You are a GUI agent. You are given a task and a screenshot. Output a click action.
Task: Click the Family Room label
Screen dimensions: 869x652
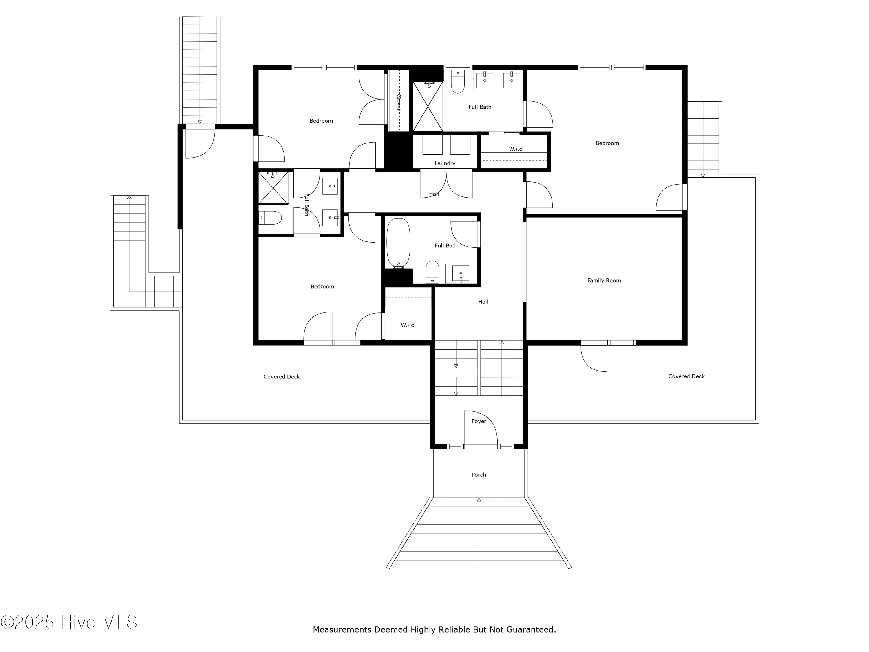pyautogui.click(x=604, y=280)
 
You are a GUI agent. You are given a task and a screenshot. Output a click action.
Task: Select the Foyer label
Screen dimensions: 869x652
pyautogui.click(x=479, y=421)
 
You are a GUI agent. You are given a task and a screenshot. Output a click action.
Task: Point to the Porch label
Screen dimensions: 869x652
pyautogui.click(x=479, y=475)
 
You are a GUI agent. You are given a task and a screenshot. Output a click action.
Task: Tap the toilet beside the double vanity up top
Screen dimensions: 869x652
pyautogui.click(x=458, y=81)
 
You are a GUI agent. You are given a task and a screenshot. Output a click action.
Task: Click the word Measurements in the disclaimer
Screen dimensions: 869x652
pyautogui.click(x=342, y=630)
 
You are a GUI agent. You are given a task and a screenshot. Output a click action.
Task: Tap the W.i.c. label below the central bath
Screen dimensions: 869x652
pyautogui.click(x=408, y=325)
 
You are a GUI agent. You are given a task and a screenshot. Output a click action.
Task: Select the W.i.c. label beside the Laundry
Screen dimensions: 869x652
pyautogui.click(x=516, y=149)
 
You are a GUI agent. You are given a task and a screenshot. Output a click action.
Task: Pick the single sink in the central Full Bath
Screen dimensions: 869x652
pyautogui.click(x=461, y=273)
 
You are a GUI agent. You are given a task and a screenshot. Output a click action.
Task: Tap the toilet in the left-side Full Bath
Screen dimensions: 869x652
pyautogui.click(x=270, y=218)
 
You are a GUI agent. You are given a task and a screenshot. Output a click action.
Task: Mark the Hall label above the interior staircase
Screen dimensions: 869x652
pyautogui.click(x=483, y=302)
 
